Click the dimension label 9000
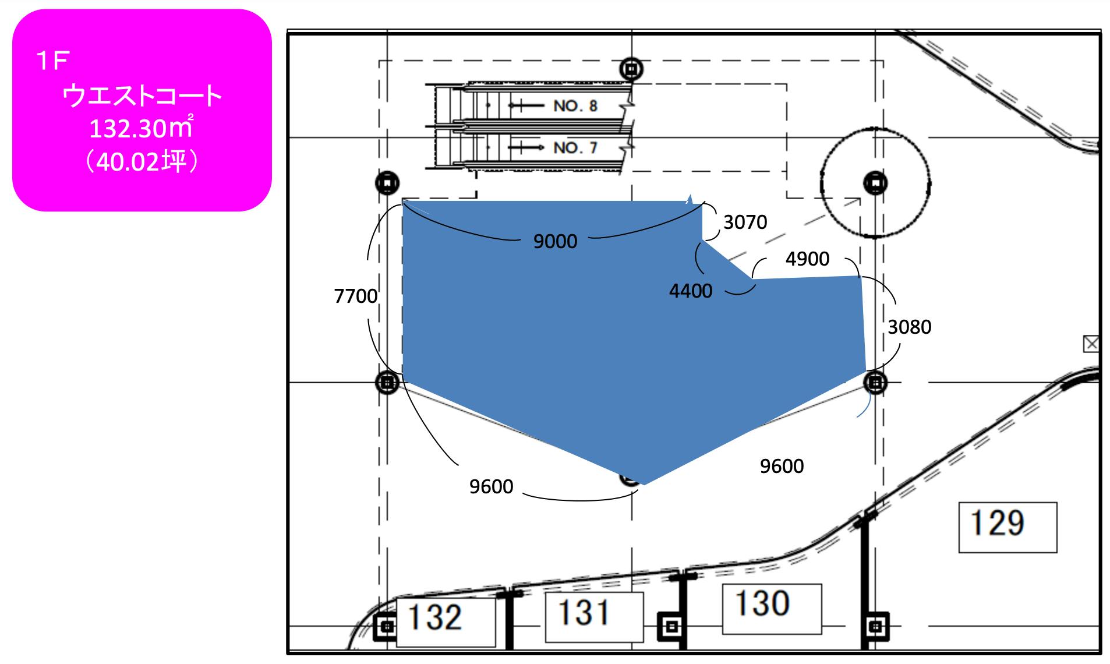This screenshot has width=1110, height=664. tap(555, 241)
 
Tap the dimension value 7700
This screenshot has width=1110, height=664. tap(356, 296)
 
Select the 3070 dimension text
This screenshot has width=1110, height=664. tap(745, 222)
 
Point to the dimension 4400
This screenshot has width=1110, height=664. tap(691, 291)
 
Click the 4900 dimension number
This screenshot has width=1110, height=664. tap(807, 259)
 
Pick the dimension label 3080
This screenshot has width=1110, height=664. tap(909, 327)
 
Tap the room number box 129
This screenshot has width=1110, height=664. tap(1008, 527)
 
